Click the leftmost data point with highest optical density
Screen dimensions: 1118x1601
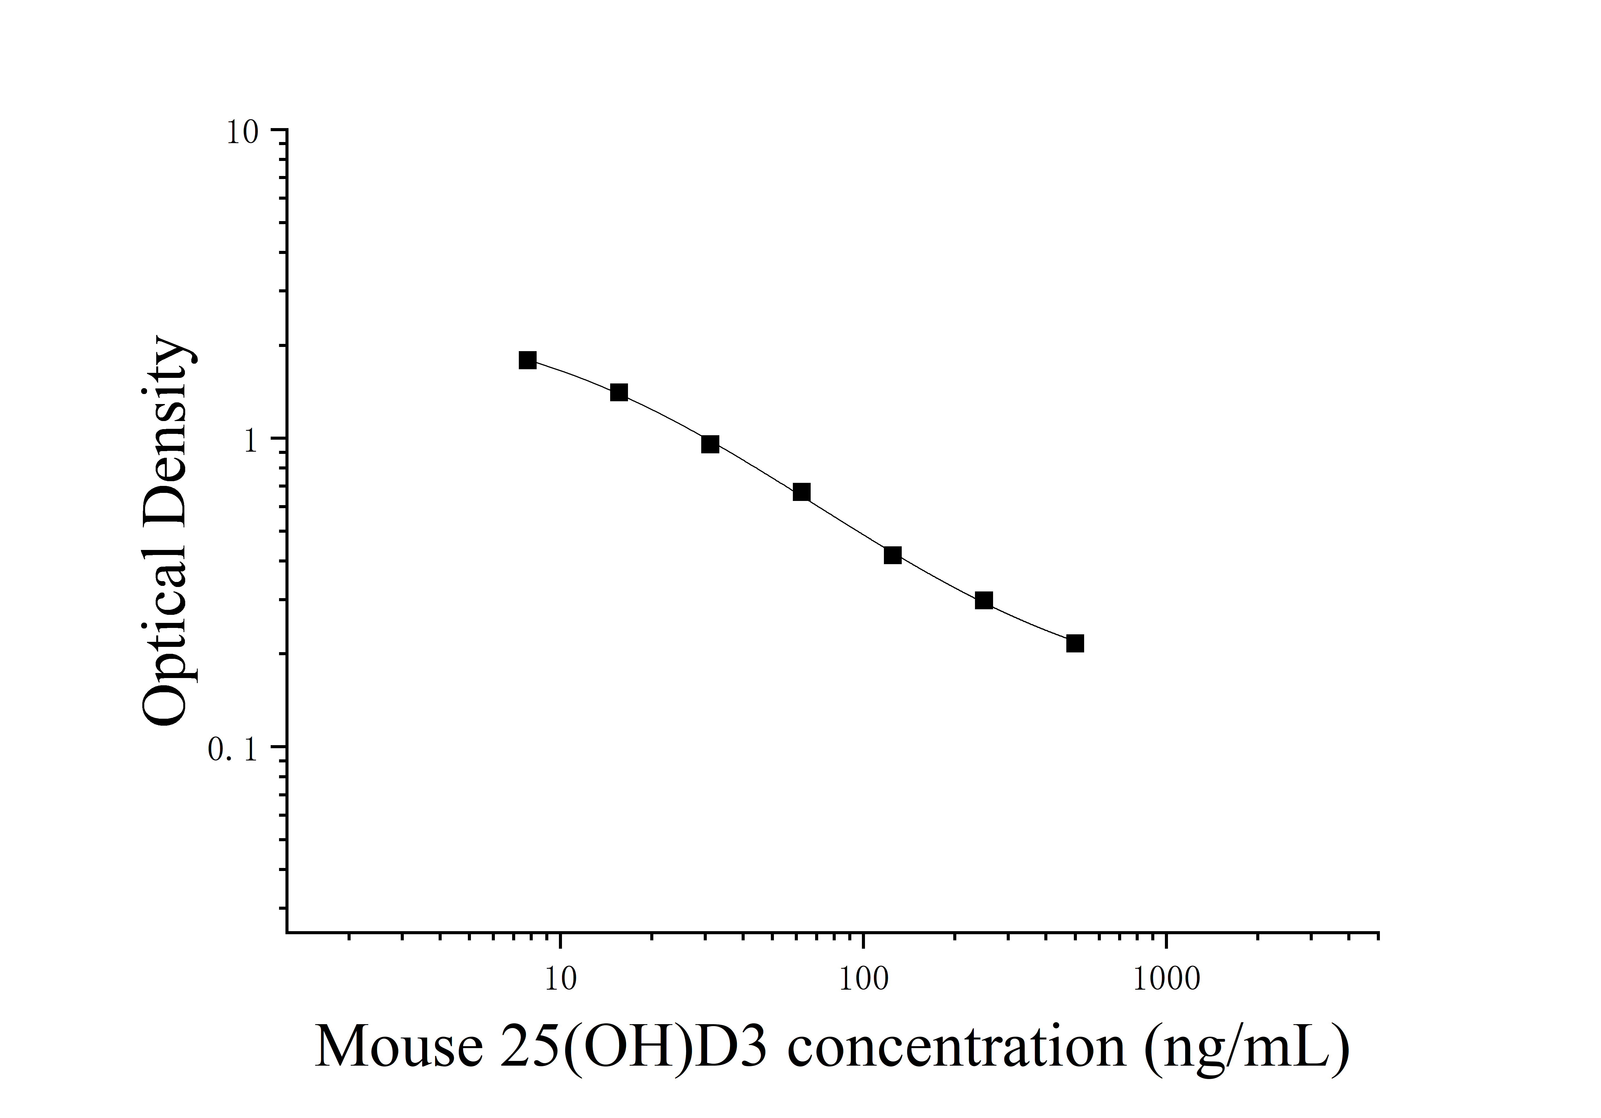(x=528, y=360)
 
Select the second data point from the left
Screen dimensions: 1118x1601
(x=619, y=392)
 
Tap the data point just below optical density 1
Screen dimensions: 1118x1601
(x=710, y=444)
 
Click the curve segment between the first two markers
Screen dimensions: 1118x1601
(x=573, y=375)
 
